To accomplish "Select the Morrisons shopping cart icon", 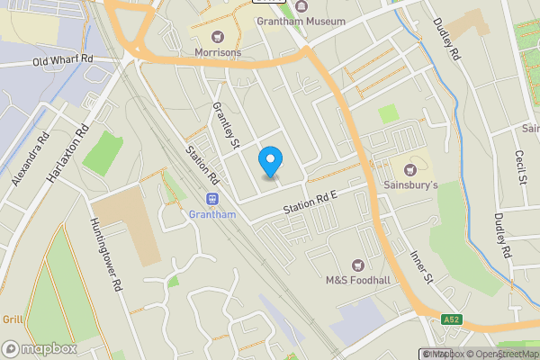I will (x=217, y=37).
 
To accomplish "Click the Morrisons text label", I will (x=218, y=53).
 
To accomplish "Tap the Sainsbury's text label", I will (x=412, y=185).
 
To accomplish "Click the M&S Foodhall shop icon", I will (x=358, y=265).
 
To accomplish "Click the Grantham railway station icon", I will (x=212, y=199).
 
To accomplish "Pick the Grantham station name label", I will (x=212, y=214).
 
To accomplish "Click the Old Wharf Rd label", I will (x=63, y=61).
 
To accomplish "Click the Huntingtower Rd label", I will (x=104, y=256).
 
